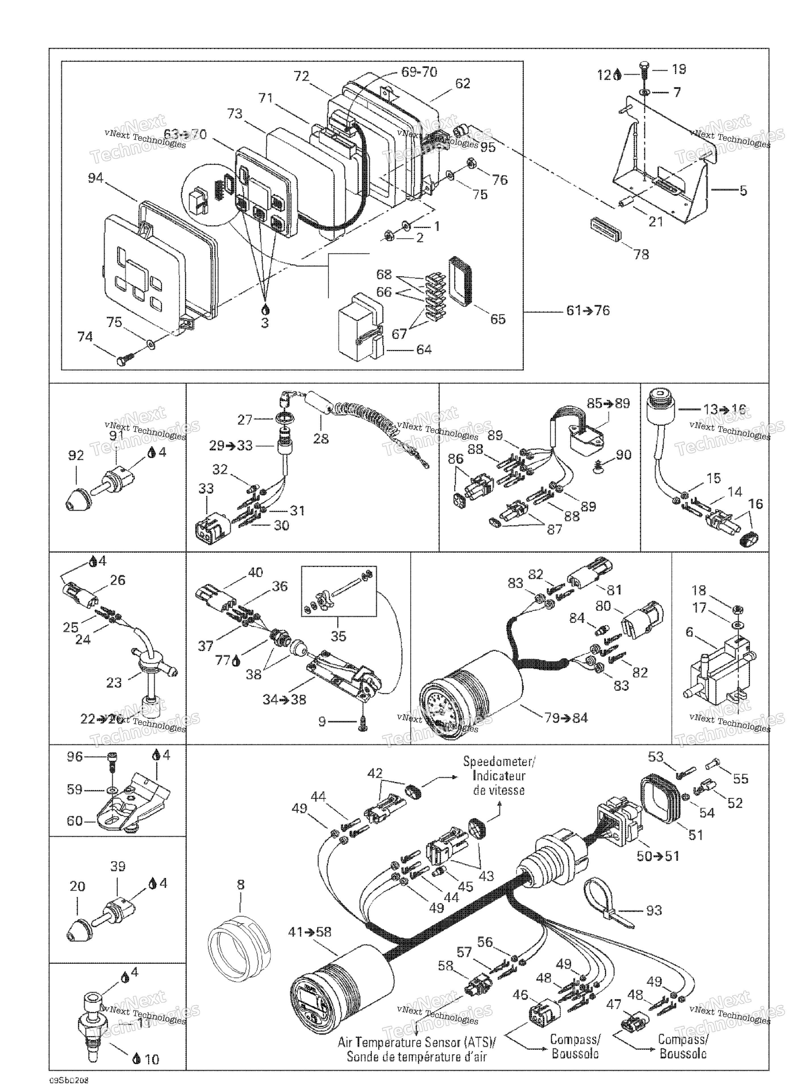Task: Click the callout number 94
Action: point(95,178)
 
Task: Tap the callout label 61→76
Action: point(588,311)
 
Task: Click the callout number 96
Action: point(75,756)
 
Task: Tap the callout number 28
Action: point(320,439)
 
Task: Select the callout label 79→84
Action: point(566,717)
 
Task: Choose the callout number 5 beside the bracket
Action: point(743,191)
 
